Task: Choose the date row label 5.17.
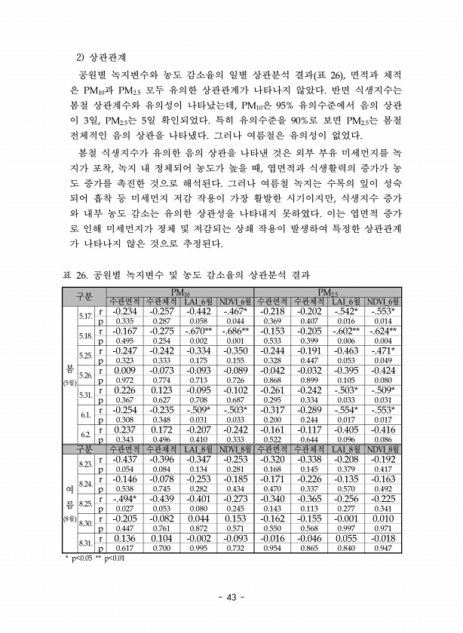tap(85, 315)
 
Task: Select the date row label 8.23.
tap(85, 463)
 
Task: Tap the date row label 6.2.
tap(85, 436)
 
